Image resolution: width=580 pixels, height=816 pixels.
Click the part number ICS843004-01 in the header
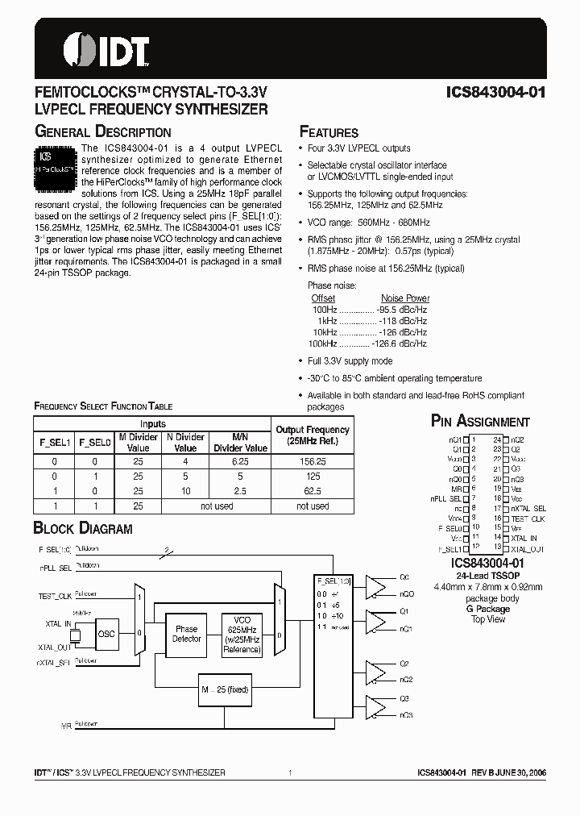pos(496,92)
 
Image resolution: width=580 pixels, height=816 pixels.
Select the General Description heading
pos(102,131)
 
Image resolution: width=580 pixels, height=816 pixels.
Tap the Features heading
pos(329,132)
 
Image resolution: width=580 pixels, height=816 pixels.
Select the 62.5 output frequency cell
pos(313,490)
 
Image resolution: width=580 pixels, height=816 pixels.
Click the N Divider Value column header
pos(185,442)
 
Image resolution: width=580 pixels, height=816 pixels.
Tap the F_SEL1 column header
pos(56,442)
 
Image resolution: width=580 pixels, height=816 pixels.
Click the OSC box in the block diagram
pos(106,634)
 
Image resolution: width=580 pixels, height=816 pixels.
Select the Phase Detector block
pos(187,634)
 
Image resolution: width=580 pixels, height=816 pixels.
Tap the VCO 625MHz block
pos(242,634)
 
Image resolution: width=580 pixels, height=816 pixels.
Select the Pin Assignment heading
pos(480,421)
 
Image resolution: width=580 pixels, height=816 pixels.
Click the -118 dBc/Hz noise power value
pos(402,320)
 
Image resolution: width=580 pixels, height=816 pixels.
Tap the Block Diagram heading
pos(82,529)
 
